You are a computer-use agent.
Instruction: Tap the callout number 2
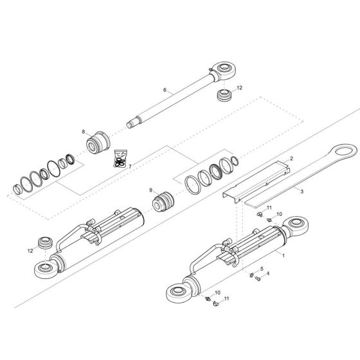291,158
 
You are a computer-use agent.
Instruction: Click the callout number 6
165,91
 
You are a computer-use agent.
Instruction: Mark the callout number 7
129,166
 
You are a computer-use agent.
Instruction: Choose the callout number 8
83,131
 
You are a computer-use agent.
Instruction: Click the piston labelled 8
100,141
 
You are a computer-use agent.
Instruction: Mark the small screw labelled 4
257,280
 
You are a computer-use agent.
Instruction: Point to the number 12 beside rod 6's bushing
239,88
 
